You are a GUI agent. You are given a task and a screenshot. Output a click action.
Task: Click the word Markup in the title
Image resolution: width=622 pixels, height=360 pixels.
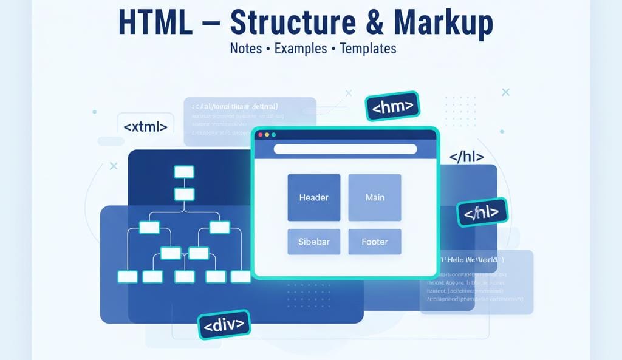point(443,23)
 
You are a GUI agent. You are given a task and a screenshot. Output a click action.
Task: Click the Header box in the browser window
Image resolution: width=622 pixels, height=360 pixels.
point(313,197)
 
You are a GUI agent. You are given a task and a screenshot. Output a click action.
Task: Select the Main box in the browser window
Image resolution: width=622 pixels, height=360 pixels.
point(375,197)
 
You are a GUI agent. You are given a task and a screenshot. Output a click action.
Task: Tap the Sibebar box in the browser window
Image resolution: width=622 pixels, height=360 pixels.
point(313,242)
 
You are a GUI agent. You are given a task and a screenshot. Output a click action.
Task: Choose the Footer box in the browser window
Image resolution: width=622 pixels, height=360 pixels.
point(375,242)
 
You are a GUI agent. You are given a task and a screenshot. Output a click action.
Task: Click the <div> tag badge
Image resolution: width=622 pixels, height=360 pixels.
point(224,325)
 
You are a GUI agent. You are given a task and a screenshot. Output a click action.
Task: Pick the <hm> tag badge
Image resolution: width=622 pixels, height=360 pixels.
point(392,107)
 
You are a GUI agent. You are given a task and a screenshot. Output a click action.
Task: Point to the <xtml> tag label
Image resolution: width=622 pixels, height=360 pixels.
point(145,127)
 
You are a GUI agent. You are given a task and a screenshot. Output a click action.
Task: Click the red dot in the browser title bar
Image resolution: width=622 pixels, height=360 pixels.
point(260,134)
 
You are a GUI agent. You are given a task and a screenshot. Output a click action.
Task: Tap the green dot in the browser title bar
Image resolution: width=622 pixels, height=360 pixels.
point(273,134)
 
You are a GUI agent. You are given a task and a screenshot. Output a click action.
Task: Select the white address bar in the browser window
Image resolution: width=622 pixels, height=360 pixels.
point(345,149)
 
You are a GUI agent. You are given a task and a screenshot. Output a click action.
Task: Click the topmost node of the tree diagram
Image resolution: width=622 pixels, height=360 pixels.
point(183,172)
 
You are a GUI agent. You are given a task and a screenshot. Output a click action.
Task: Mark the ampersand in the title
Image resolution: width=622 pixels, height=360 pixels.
point(377,23)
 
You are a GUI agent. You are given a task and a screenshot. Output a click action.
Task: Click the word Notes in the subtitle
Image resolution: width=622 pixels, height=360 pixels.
point(245,49)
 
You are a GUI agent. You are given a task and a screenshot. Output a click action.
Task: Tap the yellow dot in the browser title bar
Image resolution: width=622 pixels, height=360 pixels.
point(267,134)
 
